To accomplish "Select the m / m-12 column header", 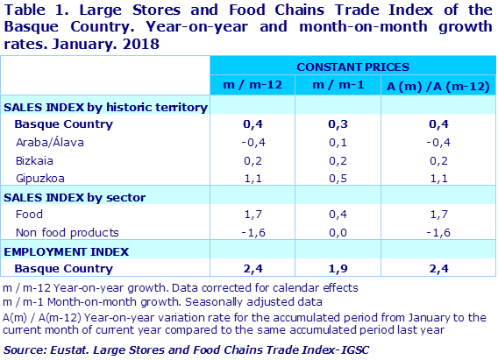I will (253, 85).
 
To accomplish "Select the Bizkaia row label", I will (34, 160).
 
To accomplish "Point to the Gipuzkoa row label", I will (39, 178).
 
